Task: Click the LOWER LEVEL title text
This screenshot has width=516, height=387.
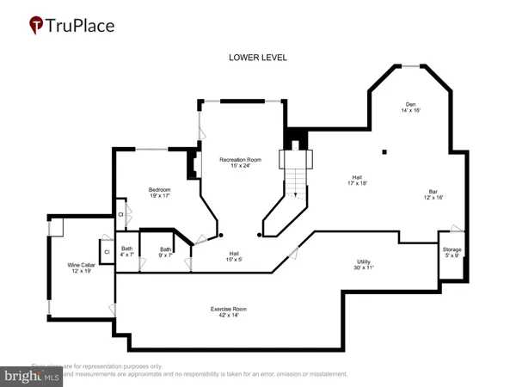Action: click(x=258, y=58)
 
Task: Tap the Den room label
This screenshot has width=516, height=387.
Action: click(x=408, y=106)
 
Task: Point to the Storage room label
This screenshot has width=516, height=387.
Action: click(x=451, y=251)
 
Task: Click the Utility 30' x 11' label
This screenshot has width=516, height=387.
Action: click(x=371, y=265)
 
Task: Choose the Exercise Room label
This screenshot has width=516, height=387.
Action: click(x=229, y=311)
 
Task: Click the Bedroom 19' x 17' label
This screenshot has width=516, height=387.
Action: click(x=159, y=193)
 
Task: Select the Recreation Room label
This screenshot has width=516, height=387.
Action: click(x=240, y=163)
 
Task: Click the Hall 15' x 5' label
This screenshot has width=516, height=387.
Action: click(x=233, y=256)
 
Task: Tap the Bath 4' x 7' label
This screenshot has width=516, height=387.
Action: click(x=127, y=253)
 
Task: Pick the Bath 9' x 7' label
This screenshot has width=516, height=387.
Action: click(x=165, y=253)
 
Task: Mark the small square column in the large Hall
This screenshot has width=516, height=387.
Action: click(x=385, y=153)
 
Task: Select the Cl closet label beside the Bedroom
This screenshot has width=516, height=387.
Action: click(x=121, y=213)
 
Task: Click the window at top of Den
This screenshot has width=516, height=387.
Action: click(x=412, y=66)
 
